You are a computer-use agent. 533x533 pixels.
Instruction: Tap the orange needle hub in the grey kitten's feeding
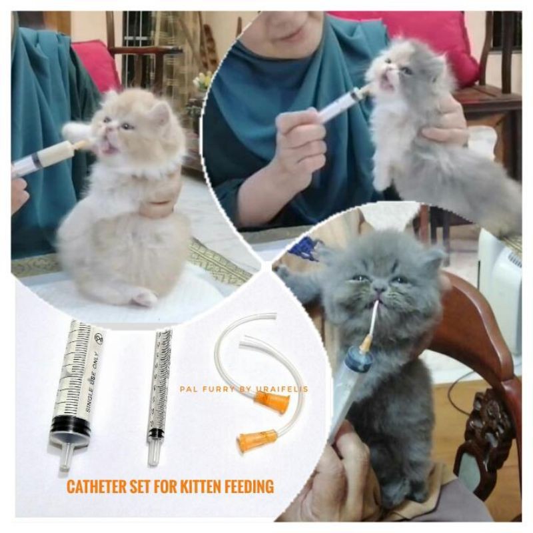pos(366,344)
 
